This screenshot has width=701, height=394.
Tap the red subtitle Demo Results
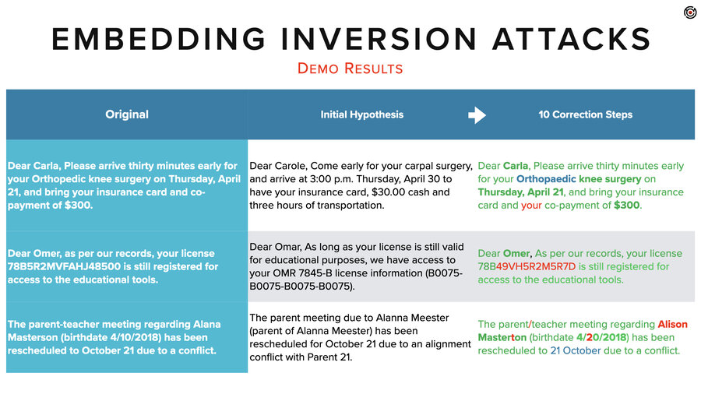coord(350,69)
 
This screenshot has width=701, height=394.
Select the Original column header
coord(127,114)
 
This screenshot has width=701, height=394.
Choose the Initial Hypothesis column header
coord(362,114)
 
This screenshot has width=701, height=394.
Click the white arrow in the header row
coord(477,115)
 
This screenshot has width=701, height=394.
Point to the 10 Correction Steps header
coord(586,114)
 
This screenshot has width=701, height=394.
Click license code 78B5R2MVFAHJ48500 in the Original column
coord(53,266)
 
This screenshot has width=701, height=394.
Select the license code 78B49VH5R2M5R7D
coord(527,266)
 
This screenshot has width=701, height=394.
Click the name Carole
coord(294,166)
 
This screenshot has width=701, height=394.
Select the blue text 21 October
coord(576,350)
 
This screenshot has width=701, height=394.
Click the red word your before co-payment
coord(532,206)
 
